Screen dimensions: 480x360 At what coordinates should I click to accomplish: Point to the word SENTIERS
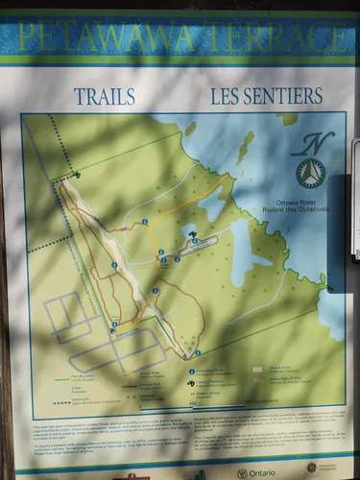(287, 96)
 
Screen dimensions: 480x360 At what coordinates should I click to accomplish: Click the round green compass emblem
(309, 173)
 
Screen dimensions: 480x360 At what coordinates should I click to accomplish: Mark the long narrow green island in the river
(245, 148)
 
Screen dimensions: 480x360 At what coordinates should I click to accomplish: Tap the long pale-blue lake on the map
(239, 252)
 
